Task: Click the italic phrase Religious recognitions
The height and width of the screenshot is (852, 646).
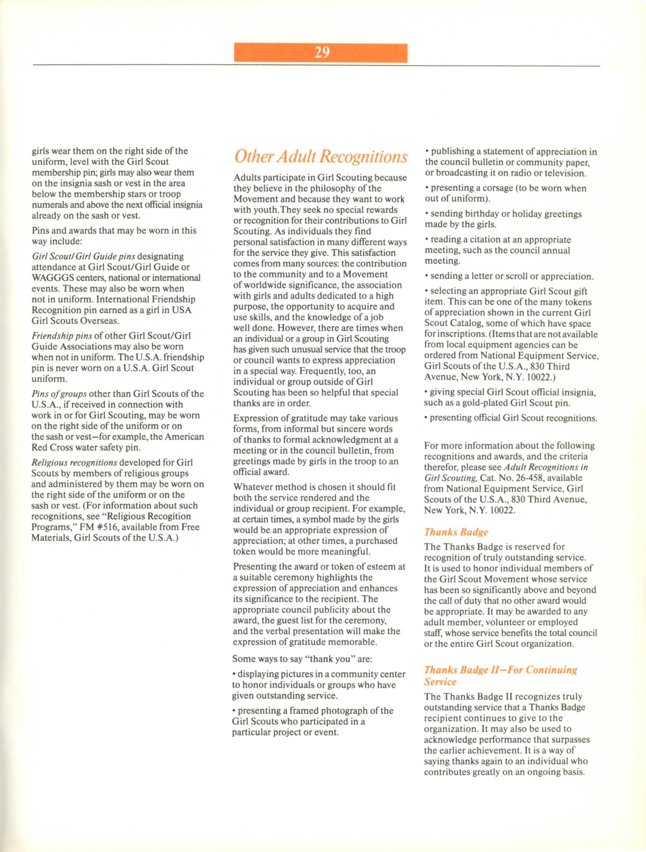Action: point(74,463)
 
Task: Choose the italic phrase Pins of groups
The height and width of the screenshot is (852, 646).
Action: point(60,394)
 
